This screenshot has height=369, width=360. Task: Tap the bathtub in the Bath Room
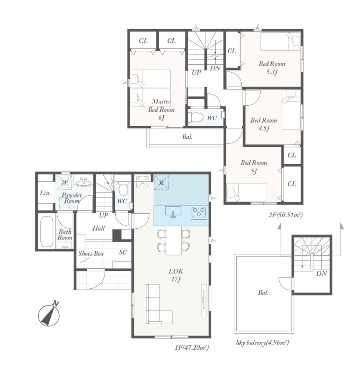pyautogui.click(x=46, y=231)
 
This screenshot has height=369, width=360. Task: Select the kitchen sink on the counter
pyautogui.click(x=173, y=212)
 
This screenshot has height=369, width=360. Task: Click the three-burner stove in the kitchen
pyautogui.click(x=199, y=212)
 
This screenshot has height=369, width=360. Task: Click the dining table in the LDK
pyautogui.click(x=174, y=240)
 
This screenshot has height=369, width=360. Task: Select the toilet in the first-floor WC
pyautogui.click(x=123, y=189)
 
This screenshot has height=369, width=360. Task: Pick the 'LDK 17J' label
pyautogui.click(x=176, y=275)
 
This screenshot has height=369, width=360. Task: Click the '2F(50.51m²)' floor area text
pyautogui.click(x=285, y=215)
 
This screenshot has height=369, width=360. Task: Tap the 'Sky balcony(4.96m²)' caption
pyautogui.click(x=262, y=342)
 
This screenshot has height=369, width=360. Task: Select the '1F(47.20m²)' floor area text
pyautogui.click(x=192, y=347)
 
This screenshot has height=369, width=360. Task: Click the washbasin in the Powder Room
pyautogui.click(x=83, y=182)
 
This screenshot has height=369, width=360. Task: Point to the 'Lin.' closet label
pyautogui.click(x=45, y=193)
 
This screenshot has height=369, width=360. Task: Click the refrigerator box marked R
pyautogui.click(x=161, y=182)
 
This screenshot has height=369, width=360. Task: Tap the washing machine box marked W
pyautogui.click(x=65, y=182)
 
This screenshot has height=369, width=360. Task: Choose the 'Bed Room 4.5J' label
pyautogui.click(x=264, y=125)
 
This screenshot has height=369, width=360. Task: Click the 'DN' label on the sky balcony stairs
pyautogui.click(x=322, y=273)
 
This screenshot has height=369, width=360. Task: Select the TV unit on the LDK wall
pyautogui.click(x=204, y=300)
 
